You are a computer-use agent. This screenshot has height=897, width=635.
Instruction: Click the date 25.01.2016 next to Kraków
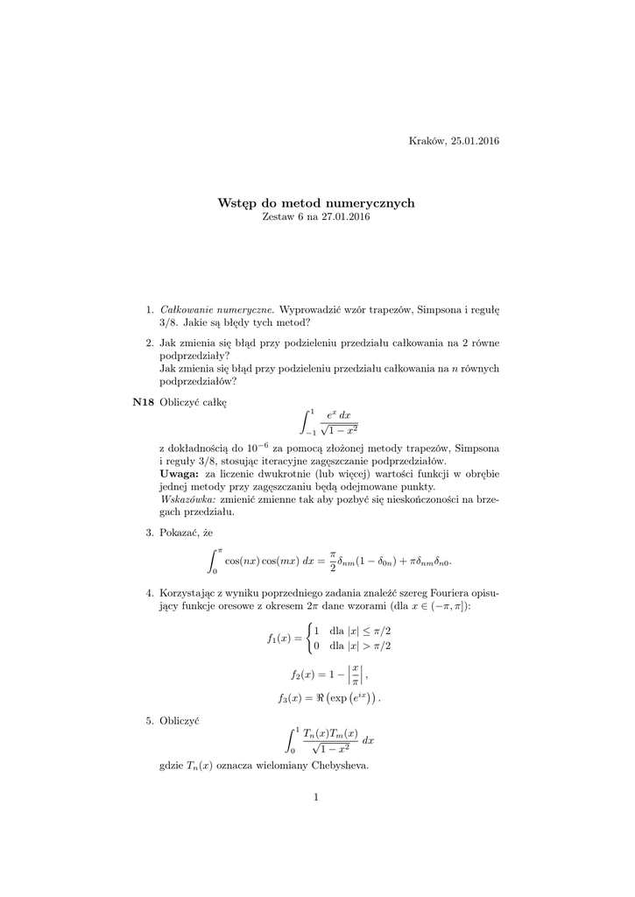pyautogui.click(x=475, y=142)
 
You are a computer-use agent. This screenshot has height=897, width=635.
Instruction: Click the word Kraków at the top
pyautogui.click(x=427, y=142)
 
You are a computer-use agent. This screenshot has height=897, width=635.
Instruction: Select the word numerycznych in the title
pyautogui.click(x=370, y=203)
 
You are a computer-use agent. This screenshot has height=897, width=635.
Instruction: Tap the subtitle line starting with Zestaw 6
pyautogui.click(x=316, y=217)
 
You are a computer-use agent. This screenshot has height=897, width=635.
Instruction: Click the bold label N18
pyautogui.click(x=143, y=402)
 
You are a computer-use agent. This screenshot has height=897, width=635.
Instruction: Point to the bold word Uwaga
pyautogui.click(x=179, y=473)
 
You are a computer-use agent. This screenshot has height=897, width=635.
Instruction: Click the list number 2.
pyautogui.click(x=149, y=344)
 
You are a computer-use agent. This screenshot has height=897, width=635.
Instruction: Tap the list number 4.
pyautogui.click(x=149, y=593)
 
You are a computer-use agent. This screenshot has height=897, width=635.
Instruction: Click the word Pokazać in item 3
pyautogui.click(x=180, y=532)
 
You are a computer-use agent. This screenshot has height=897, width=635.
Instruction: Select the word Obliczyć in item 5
pyautogui.click(x=180, y=719)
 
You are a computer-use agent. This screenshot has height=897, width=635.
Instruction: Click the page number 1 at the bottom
pyautogui.click(x=316, y=796)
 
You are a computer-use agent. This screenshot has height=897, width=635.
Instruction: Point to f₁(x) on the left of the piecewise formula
pyautogui.click(x=280, y=639)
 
